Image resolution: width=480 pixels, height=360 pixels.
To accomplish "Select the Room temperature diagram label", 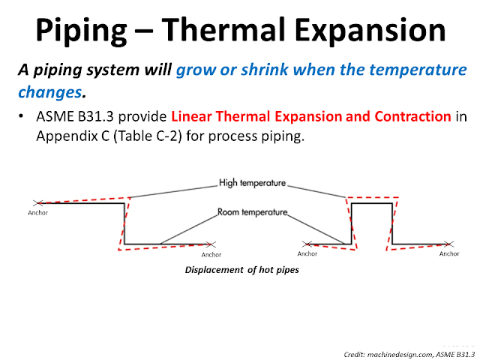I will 253,212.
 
